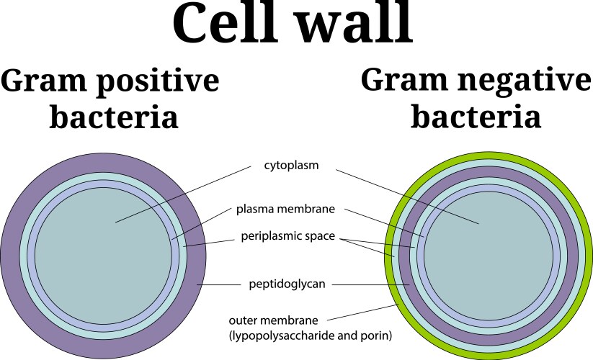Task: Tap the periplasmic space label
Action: [289, 235]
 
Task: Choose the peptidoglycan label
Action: [287, 284]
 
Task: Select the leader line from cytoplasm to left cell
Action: [180, 194]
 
